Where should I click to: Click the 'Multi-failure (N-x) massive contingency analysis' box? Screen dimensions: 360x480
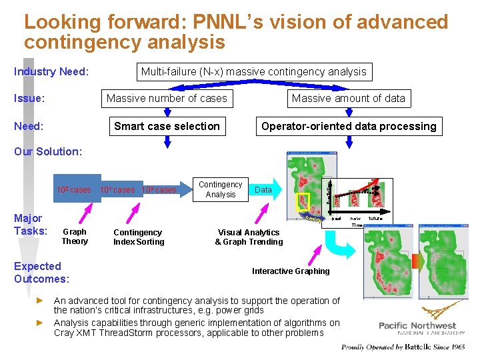click(x=253, y=71)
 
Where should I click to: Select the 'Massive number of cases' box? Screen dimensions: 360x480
click(x=167, y=99)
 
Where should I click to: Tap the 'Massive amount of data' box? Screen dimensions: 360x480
click(x=348, y=99)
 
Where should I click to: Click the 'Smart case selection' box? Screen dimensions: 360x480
click(x=167, y=126)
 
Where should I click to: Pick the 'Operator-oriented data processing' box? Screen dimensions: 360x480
click(x=349, y=126)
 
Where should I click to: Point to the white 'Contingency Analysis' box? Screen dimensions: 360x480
click(x=221, y=189)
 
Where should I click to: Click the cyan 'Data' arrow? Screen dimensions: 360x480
click(x=264, y=190)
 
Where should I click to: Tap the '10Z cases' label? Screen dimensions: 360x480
click(x=74, y=190)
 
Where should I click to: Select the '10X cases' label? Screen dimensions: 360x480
click(x=159, y=190)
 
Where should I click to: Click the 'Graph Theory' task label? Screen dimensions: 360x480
click(x=75, y=237)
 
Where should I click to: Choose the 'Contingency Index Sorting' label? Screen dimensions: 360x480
click(x=139, y=237)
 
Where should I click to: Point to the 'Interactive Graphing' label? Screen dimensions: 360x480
click(x=291, y=271)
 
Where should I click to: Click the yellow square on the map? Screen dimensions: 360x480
click(x=304, y=201)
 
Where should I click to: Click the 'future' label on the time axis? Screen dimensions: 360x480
click(x=377, y=218)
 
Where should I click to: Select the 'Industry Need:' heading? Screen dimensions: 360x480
click(x=51, y=71)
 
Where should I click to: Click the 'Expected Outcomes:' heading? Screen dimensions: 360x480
click(x=41, y=272)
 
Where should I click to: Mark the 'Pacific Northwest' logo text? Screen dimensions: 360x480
click(x=417, y=326)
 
